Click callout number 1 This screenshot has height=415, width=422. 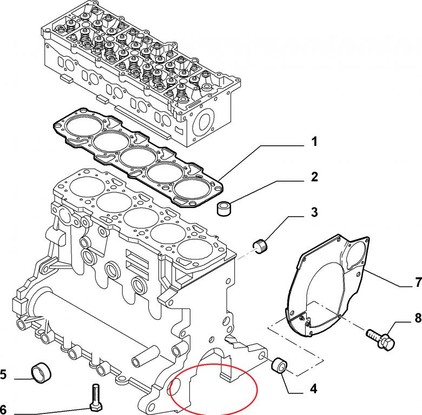pyautogui.click(x=314, y=143)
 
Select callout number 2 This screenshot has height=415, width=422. pyautogui.click(x=314, y=177)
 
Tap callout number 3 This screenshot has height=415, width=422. pyautogui.click(x=314, y=212)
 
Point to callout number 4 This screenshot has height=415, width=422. pyautogui.click(x=313, y=388)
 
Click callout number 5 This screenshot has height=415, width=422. pyautogui.click(x=3, y=373)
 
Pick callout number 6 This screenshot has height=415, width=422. pyautogui.click(x=3, y=408)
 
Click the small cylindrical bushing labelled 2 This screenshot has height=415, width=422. pyautogui.click(x=225, y=207)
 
